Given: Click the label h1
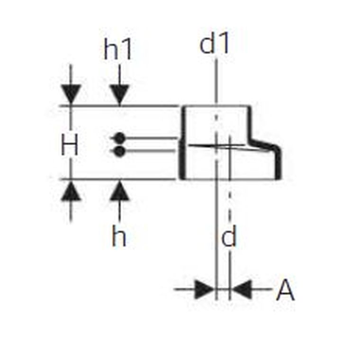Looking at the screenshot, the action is pyautogui.click(x=118, y=49).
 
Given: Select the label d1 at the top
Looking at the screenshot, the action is pyautogui.click(x=215, y=43).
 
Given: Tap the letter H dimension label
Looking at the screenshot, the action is pyautogui.click(x=70, y=144).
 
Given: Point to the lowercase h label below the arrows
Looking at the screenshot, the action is pyautogui.click(x=119, y=236).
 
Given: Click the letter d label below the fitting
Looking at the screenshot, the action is pyautogui.click(x=229, y=236).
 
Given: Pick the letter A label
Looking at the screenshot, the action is pyautogui.click(x=285, y=290).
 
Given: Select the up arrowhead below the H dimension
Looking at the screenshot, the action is pyautogui.click(x=71, y=191).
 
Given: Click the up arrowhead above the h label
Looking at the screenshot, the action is pyautogui.click(x=119, y=191).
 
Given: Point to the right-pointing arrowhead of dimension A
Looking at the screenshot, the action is pyautogui.click(x=204, y=289).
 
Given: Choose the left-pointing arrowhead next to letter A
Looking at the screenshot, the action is pyautogui.click(x=242, y=289).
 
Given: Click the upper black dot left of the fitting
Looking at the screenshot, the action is pyautogui.click(x=119, y=138).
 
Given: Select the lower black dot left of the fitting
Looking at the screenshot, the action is pyautogui.click(x=119, y=151).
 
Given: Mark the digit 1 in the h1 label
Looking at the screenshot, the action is pyautogui.click(x=127, y=49).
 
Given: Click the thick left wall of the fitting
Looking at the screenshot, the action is pyautogui.click(x=182, y=143).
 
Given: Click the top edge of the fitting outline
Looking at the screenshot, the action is pyautogui.click(x=216, y=106).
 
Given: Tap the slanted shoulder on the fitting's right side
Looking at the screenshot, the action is pyautogui.click(x=264, y=144).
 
